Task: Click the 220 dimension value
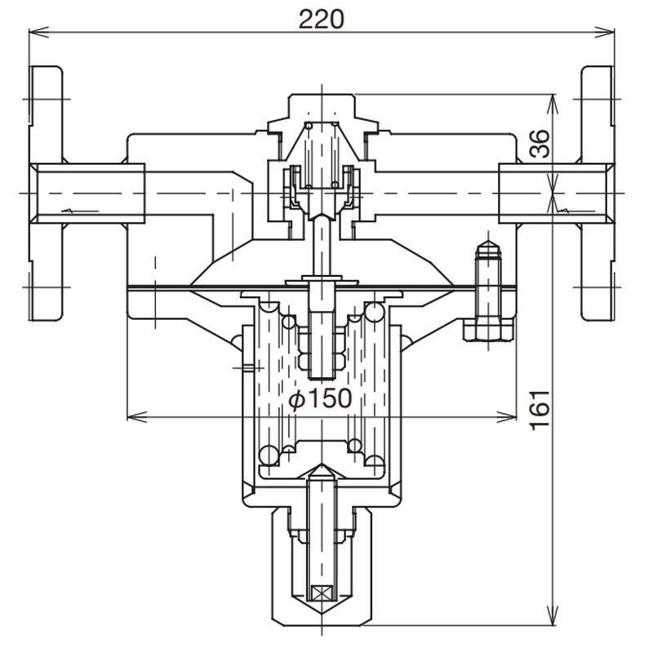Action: [322, 19]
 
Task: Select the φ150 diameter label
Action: [320, 398]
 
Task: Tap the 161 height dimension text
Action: [540, 411]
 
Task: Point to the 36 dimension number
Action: [540, 144]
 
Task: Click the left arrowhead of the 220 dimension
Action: [38, 32]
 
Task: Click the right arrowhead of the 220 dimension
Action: [604, 32]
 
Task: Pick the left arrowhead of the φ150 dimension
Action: [137, 417]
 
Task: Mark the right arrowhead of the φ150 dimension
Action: [506, 417]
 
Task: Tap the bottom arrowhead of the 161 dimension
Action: [553, 615]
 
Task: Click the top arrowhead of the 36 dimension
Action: [553, 104]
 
